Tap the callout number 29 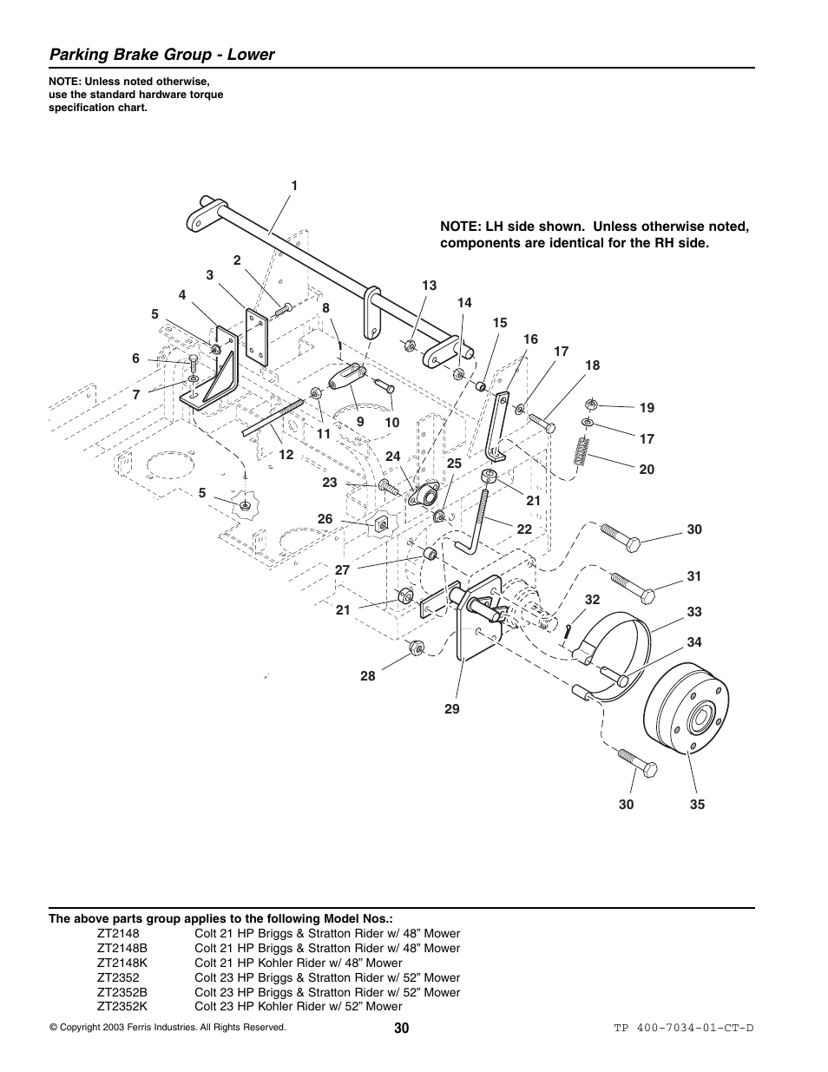452,709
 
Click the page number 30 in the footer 400,1028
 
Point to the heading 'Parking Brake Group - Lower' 162,55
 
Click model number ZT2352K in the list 122,1007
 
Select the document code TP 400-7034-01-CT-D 684,1029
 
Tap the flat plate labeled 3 257,337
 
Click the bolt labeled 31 634,588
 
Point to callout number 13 430,286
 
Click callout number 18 592,365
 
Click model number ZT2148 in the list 116,933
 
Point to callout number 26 325,519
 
